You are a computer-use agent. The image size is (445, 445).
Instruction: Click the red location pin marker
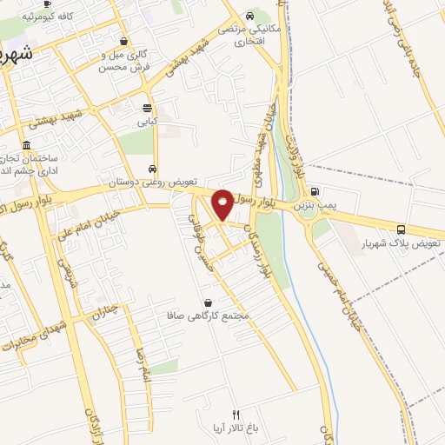click(222, 203)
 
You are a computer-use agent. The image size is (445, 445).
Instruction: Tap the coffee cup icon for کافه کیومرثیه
click(46, 4)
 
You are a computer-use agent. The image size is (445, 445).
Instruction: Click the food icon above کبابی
click(147, 109)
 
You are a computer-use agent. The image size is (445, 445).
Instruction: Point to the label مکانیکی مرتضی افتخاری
click(250, 33)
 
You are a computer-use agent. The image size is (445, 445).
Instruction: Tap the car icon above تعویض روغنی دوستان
click(153, 169)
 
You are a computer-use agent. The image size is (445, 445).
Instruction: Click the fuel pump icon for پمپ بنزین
click(315, 192)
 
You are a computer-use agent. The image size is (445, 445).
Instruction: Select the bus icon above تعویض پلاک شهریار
click(401, 229)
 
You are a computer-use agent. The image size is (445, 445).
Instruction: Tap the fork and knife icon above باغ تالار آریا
click(235, 413)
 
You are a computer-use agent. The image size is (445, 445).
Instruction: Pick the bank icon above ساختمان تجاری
click(28, 145)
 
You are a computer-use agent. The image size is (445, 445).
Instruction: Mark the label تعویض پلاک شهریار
click(397, 244)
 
